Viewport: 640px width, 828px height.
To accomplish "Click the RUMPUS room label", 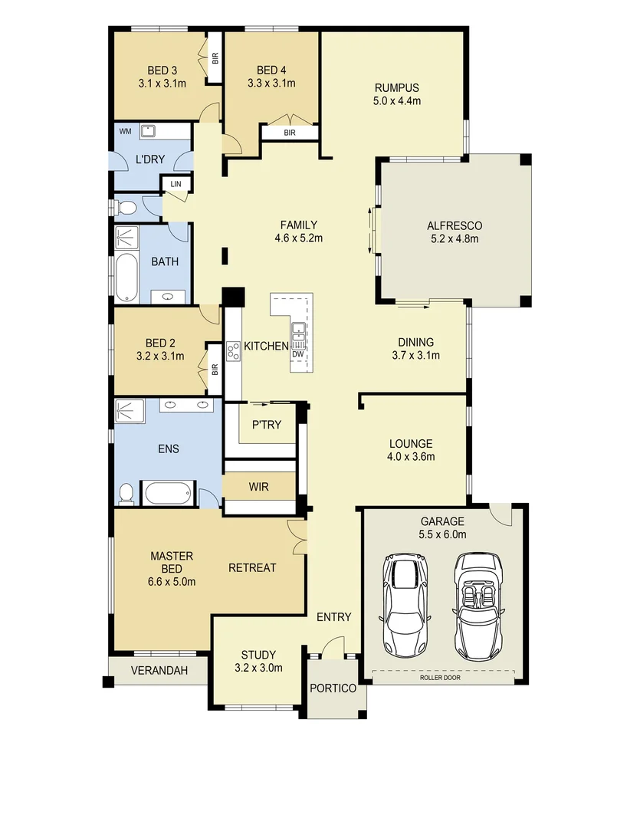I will pos(396,87).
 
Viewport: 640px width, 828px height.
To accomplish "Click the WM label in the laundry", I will pos(124,131).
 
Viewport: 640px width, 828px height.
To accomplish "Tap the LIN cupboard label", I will pos(176,184).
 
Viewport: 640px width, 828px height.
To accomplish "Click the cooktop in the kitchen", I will pos(231,350).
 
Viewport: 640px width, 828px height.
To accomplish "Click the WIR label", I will pos(258,486).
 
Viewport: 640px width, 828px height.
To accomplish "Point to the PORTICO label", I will pos(333,688).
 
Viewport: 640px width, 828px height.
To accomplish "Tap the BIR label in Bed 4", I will pos(290,133).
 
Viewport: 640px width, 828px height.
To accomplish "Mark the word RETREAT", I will pos(252,568).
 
